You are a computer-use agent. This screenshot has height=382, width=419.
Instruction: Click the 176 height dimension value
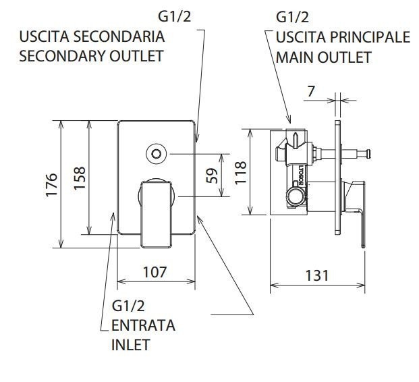click(51, 185)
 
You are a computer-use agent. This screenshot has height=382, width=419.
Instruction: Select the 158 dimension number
click(80, 178)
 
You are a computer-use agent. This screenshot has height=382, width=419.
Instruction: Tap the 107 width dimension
click(155, 272)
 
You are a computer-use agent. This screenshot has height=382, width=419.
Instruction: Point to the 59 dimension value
click(213, 175)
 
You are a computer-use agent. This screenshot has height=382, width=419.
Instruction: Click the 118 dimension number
click(240, 172)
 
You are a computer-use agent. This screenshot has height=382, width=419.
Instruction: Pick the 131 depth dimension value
click(317, 275)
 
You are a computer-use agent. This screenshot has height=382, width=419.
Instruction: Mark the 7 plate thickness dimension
click(311, 92)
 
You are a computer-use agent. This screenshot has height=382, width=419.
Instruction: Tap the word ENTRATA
click(143, 325)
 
